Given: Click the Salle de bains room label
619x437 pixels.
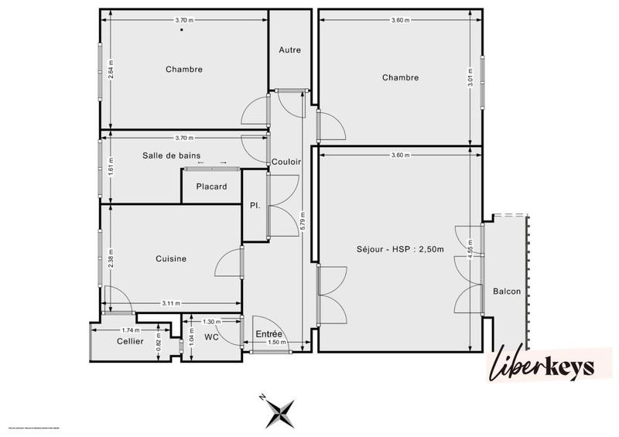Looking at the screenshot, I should [x=172, y=155].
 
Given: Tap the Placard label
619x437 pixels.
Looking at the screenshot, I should [x=211, y=186].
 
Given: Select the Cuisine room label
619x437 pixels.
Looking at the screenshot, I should [x=170, y=259].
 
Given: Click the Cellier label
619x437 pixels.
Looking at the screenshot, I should [x=130, y=341].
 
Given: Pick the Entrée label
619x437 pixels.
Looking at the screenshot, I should [x=268, y=333].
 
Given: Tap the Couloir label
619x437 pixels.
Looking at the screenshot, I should [x=286, y=162].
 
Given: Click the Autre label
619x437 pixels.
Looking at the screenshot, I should [x=290, y=50].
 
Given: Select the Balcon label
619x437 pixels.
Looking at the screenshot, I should [x=506, y=291].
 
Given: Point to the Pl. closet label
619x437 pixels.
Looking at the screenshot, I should [x=254, y=206].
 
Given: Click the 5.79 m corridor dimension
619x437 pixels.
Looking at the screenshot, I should [x=303, y=225].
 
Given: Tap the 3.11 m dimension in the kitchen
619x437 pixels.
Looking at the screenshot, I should [x=171, y=302].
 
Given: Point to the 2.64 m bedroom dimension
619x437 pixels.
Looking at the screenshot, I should [x=111, y=70].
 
